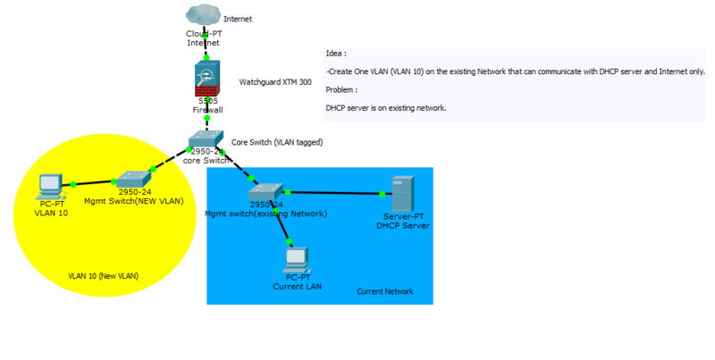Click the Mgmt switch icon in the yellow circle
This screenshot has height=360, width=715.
coord(133,178)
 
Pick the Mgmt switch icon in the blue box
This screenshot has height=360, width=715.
coord(267,190)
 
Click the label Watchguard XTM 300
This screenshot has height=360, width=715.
coord(275,82)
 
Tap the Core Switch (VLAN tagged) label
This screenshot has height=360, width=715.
coord(277,142)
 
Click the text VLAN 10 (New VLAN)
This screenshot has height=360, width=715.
coord(103,276)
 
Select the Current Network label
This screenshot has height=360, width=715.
coord(385,292)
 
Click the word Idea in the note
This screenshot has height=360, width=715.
coord(336,54)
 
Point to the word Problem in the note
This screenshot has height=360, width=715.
coord(342,89)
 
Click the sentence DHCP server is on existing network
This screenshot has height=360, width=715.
coord(386,107)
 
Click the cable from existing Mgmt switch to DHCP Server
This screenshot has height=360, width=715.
coord(336,192)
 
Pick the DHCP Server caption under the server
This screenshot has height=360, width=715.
coord(403,226)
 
